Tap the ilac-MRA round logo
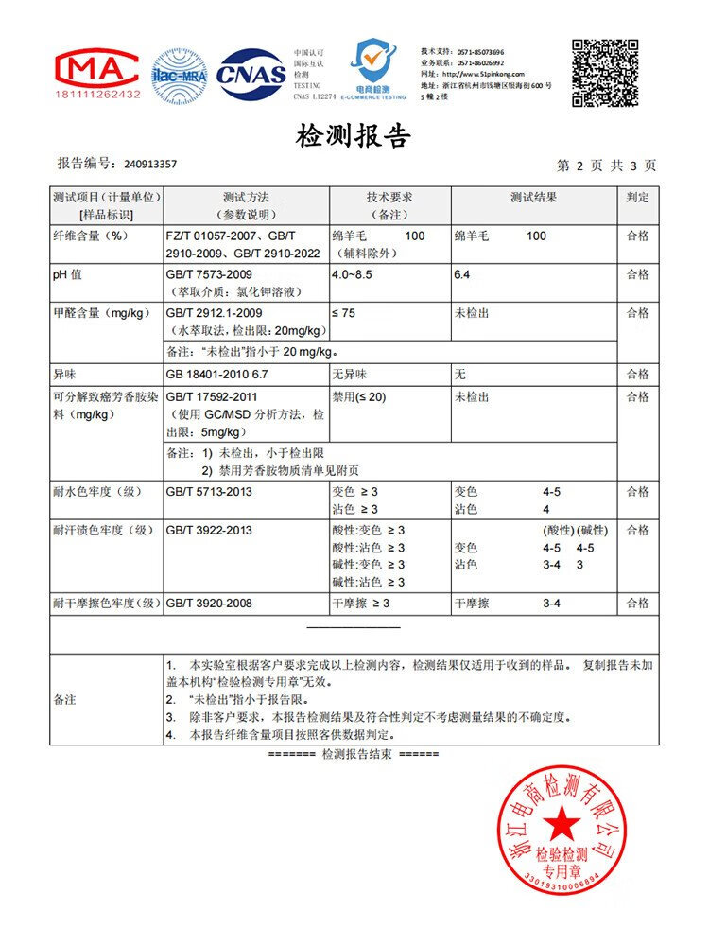[x=180, y=76]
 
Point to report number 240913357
[x=150, y=165]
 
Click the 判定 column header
[x=638, y=198]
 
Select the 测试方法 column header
[x=246, y=198]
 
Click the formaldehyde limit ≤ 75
[x=344, y=313]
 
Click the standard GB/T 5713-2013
[x=209, y=492]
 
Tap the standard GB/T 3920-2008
[x=209, y=603]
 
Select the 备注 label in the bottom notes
[x=65, y=700]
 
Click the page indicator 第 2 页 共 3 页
[x=606, y=166]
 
